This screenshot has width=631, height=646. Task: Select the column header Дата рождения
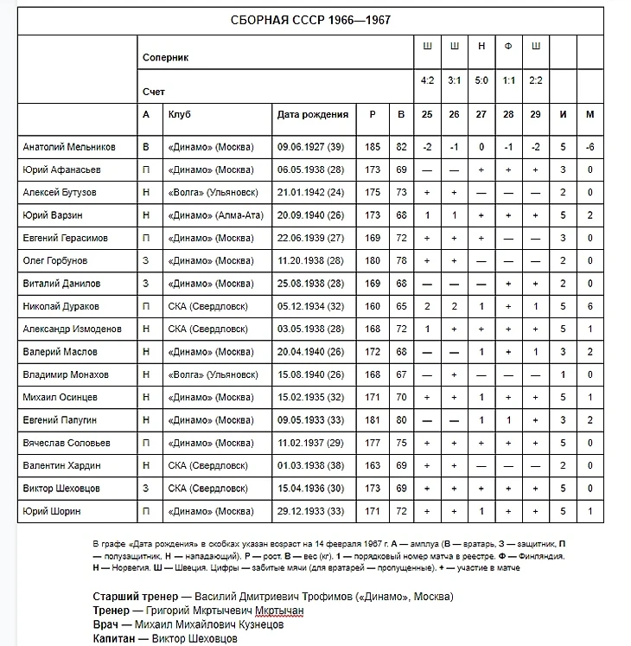[x=312, y=114]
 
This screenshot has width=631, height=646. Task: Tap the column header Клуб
[x=180, y=114]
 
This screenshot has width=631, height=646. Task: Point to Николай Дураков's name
[x=61, y=306]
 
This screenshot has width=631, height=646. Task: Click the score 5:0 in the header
[x=481, y=80]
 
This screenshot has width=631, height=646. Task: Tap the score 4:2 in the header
[x=427, y=80]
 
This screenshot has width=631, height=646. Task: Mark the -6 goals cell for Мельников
[x=590, y=147]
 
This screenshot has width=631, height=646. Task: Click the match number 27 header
[x=481, y=114]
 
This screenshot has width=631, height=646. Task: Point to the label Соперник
[x=166, y=58]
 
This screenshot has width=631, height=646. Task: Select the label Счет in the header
[x=154, y=92]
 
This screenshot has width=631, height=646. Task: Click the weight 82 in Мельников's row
[x=400, y=147]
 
